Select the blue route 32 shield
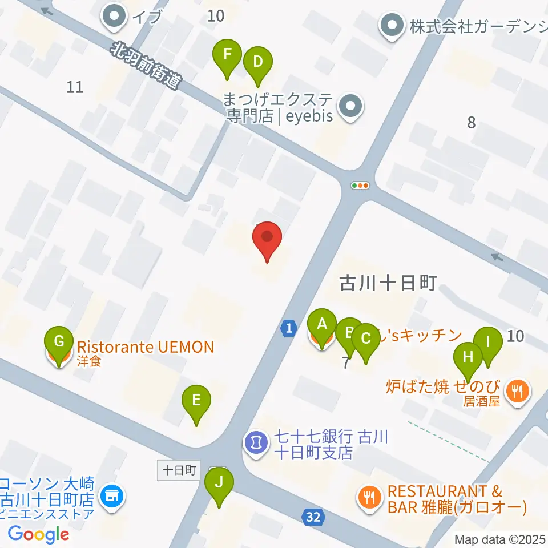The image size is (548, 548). (x=312, y=518)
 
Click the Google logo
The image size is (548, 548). (x=39, y=534)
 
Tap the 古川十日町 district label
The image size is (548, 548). (x=388, y=283)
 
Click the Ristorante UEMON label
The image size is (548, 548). (x=145, y=347)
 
